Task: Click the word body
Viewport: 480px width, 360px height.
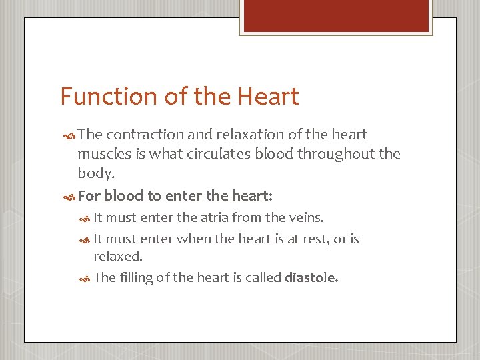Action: coord(95,173)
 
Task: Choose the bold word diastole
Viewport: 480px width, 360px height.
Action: coord(311,278)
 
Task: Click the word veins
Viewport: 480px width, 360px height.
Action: coord(306,217)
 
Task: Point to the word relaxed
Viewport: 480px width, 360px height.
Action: coord(117,257)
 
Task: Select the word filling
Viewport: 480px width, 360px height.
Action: coord(136,278)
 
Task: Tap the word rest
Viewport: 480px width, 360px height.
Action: coord(301,239)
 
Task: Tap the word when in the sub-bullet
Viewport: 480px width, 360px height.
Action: coord(191,239)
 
